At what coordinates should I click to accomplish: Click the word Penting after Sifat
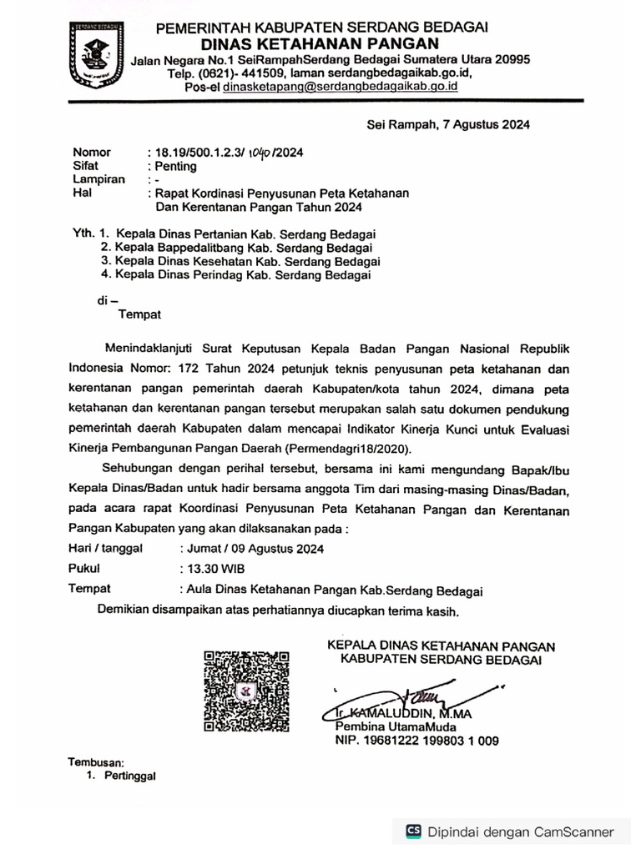click(171, 166)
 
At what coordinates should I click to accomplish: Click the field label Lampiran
click(98, 179)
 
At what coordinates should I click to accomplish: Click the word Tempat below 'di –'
click(139, 314)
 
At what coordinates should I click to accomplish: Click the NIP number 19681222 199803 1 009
click(417, 740)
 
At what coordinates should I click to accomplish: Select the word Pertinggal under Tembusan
click(129, 776)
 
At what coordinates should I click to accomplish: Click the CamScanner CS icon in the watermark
click(413, 831)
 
